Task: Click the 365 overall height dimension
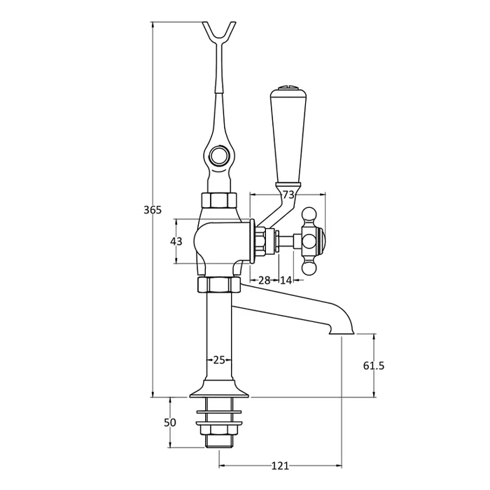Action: pos(153,210)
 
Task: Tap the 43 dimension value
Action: pos(176,241)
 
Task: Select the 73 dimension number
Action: pos(288,195)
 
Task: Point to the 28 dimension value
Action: pos(264,280)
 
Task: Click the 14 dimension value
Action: pos(286,280)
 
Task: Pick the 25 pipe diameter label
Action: pos(219,360)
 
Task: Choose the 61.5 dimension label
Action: pos(374,365)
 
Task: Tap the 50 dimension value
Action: pos(170,423)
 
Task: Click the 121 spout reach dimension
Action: pos(280,466)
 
